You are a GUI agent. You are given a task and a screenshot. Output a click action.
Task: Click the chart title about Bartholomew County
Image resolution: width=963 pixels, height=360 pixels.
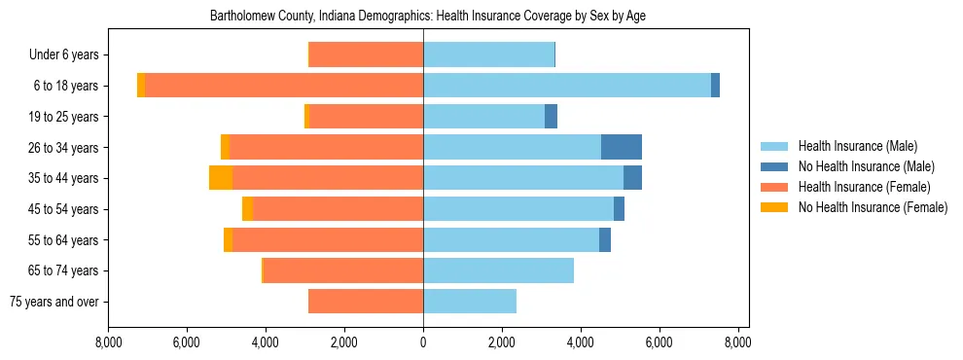pos(428,17)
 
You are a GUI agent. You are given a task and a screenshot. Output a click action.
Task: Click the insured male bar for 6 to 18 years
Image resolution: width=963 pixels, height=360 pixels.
pos(566,86)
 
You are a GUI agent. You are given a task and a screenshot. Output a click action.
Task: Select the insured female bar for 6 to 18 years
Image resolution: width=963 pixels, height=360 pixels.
pos(283,86)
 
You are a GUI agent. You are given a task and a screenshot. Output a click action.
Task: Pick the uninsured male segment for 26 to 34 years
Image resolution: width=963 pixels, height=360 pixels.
pos(621,147)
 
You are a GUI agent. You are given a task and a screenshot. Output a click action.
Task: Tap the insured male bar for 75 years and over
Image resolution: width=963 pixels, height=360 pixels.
pos(469,302)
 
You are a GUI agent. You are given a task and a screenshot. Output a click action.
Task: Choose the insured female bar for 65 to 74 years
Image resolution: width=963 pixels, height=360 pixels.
pos(342,270)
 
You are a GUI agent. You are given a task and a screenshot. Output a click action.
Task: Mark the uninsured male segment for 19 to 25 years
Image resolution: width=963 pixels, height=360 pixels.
pos(551,117)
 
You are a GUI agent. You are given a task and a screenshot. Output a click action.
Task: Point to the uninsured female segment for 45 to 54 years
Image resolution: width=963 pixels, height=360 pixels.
pos(247,209)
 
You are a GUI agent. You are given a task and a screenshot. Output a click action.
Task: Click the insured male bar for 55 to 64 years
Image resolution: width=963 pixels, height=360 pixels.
pos(511,239)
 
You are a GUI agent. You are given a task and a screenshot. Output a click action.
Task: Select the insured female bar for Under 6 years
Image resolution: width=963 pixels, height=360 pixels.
pos(366,54)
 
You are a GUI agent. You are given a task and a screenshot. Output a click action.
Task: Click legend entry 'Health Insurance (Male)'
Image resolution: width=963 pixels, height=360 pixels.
pos(857,146)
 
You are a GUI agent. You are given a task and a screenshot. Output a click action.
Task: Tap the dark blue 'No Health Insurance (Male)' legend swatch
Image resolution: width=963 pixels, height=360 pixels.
pos(776,166)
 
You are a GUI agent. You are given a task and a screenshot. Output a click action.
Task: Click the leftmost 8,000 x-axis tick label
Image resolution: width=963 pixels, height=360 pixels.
pos(108,342)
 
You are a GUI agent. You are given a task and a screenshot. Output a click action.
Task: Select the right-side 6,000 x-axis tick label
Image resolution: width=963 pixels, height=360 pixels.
pos(659,342)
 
